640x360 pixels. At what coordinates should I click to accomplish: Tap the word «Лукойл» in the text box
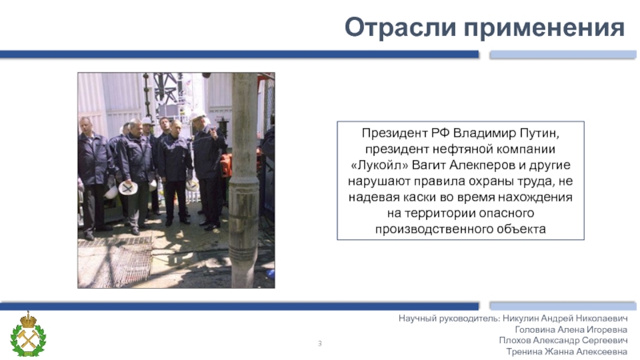pos(380,166)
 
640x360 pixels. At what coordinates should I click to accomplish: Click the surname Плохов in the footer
pos(516,340)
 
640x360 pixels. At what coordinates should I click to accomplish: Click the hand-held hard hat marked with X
pos(129,189)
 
